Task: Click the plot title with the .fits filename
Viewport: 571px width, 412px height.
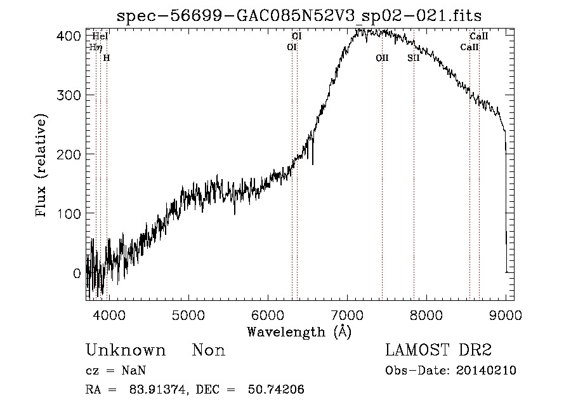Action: [x=300, y=15]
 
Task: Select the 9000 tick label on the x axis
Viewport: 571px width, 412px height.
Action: [x=506, y=314]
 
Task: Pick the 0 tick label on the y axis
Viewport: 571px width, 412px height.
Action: [x=77, y=274]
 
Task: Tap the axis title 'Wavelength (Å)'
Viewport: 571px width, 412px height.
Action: [x=299, y=331]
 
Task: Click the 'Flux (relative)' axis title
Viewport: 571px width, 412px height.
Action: [x=43, y=167]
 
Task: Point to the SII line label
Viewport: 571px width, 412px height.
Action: [x=414, y=58]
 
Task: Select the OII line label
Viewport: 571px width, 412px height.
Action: [x=382, y=58]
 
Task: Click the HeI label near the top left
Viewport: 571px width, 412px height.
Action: [x=100, y=36]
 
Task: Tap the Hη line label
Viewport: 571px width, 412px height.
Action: [x=96, y=47]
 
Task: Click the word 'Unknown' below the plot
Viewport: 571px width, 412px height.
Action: [x=126, y=350]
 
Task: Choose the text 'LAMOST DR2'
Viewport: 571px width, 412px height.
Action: [x=438, y=350]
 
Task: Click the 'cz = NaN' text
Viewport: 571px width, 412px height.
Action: [x=117, y=370]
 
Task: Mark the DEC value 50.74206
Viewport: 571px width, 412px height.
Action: [x=277, y=390]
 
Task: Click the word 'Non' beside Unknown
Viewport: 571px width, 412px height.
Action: [x=209, y=350]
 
